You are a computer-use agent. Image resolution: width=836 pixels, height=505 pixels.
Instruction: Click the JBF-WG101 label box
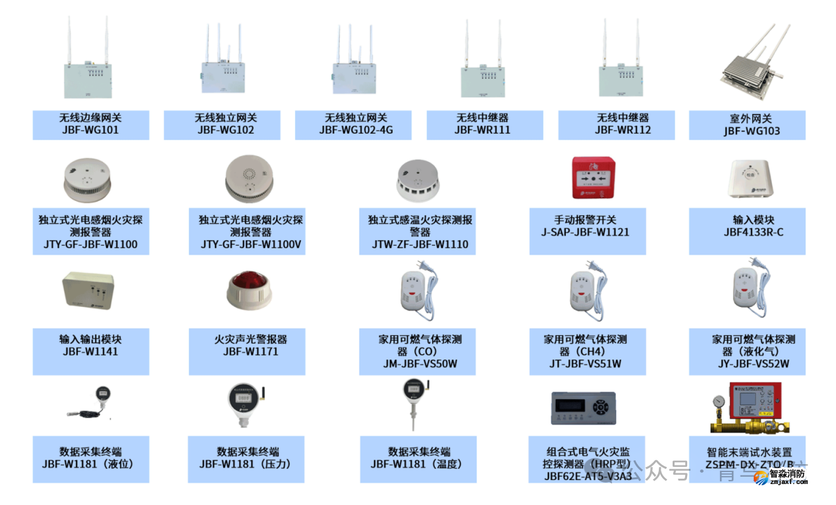pyautogui.click(x=91, y=124)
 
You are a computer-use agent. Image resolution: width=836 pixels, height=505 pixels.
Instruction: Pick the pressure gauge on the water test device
pyautogui.click(x=716, y=402)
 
